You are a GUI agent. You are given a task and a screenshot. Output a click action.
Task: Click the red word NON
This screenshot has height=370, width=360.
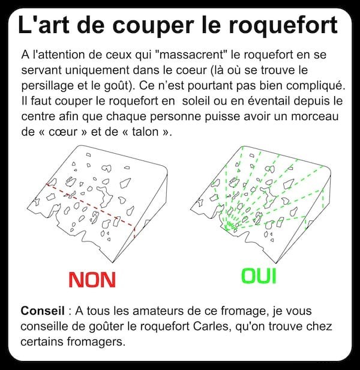click(x=92, y=279)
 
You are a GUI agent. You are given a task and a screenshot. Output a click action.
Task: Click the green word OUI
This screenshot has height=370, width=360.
click(x=259, y=276)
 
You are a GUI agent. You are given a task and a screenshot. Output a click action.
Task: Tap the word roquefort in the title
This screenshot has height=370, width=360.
click(x=283, y=25)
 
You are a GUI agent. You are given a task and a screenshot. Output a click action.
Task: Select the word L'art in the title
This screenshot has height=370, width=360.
click(x=44, y=24)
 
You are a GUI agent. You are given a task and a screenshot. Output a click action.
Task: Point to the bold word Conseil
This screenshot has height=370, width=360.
click(x=43, y=311)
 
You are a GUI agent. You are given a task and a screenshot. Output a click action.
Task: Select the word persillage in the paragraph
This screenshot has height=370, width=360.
click(x=47, y=86)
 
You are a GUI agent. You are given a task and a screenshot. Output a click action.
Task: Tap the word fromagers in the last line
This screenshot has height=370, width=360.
click(x=95, y=342)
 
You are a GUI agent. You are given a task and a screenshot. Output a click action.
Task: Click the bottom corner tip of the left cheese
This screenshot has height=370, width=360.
click(x=113, y=262)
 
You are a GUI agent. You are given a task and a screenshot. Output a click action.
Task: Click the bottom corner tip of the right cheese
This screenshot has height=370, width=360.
click(x=276, y=262)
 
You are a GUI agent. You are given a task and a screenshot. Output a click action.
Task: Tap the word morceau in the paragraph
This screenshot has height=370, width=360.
click(x=315, y=117)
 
